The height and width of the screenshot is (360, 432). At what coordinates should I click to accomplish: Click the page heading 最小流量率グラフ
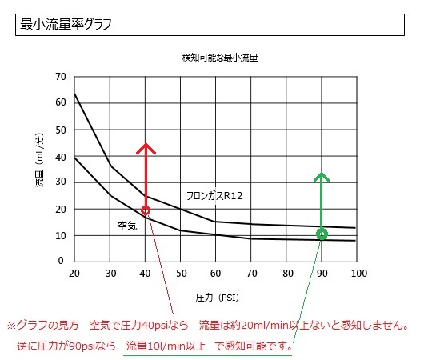(x=66, y=24)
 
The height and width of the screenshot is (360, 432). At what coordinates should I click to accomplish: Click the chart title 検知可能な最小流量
(x=219, y=58)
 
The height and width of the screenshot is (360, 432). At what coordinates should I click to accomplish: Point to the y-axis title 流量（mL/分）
(x=39, y=160)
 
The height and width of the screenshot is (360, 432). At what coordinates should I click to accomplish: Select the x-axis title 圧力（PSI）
(x=217, y=298)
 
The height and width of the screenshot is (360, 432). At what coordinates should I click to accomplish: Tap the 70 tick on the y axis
(x=61, y=77)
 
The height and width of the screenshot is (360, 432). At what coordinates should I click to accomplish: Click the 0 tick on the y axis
(x=61, y=261)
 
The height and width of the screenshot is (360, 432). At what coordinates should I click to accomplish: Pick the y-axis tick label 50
(x=61, y=130)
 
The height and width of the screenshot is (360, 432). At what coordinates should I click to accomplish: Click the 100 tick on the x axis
(x=359, y=274)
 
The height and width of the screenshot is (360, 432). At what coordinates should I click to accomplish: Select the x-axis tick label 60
(x=215, y=274)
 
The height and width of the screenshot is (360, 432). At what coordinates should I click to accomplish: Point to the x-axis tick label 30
(x=110, y=274)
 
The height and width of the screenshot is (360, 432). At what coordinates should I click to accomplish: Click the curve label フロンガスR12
(x=214, y=196)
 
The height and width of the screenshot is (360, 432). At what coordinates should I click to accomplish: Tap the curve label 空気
(x=127, y=226)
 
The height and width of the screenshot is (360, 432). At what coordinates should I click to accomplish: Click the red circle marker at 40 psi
(x=146, y=210)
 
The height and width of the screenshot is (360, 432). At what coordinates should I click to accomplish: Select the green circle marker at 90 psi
(x=322, y=234)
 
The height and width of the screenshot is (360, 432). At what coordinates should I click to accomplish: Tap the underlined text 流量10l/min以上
(x=166, y=346)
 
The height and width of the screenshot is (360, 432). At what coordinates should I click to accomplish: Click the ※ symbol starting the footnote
(x=12, y=326)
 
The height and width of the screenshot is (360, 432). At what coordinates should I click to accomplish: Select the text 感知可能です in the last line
(x=255, y=346)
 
